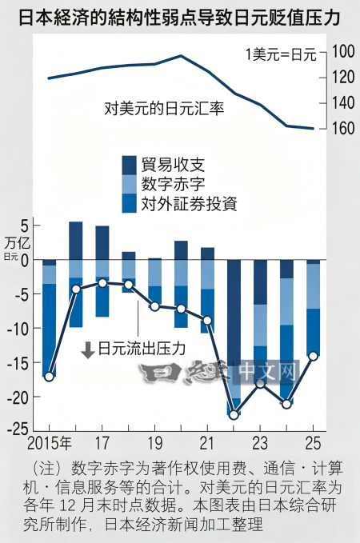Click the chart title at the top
179,18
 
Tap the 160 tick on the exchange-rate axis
343,128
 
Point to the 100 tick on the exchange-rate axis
343,52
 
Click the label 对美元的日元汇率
164,109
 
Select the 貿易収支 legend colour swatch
130,166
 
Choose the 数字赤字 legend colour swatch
130,184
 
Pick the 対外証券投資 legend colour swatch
130,203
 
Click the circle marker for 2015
50,377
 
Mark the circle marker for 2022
234,414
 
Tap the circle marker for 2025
314,356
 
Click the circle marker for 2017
102,283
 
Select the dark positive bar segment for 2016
76,241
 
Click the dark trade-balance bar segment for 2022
234,313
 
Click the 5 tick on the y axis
23,226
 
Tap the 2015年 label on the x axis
50,444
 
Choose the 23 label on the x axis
260,444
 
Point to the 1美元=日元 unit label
282,54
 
